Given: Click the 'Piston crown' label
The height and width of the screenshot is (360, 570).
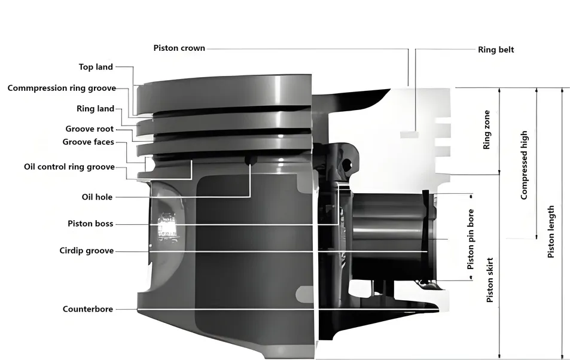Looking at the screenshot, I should pos(179,48).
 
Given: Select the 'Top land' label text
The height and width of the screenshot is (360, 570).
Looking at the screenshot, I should pos(96,67).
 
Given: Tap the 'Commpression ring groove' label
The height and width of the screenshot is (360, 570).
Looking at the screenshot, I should pos(61,88).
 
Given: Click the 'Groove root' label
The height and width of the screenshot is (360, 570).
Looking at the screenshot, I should pos(89,129).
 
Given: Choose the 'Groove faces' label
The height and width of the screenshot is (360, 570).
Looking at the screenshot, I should pos(88,142).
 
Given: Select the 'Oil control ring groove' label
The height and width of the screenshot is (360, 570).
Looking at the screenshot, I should pos(69,167).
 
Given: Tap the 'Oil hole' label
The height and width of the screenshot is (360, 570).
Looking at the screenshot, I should pos(97,197).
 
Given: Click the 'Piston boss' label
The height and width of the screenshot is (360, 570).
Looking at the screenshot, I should pos(90,224).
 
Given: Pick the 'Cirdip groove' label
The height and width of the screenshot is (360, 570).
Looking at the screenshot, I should pos(86,251).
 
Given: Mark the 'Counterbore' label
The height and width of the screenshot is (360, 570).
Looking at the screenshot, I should pos(88,309).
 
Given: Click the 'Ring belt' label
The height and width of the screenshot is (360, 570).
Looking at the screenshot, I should pos(495,50).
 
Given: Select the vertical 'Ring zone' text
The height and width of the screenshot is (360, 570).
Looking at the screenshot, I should pos(487,130).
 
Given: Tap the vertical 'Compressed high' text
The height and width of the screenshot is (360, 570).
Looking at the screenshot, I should pos(524,165).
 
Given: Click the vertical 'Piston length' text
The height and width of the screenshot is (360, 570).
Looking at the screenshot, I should pos(551,232).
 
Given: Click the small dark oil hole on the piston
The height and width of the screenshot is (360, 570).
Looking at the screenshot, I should pos(249,160).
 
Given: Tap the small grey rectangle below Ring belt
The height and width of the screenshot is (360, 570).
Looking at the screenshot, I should pos(409,135).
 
